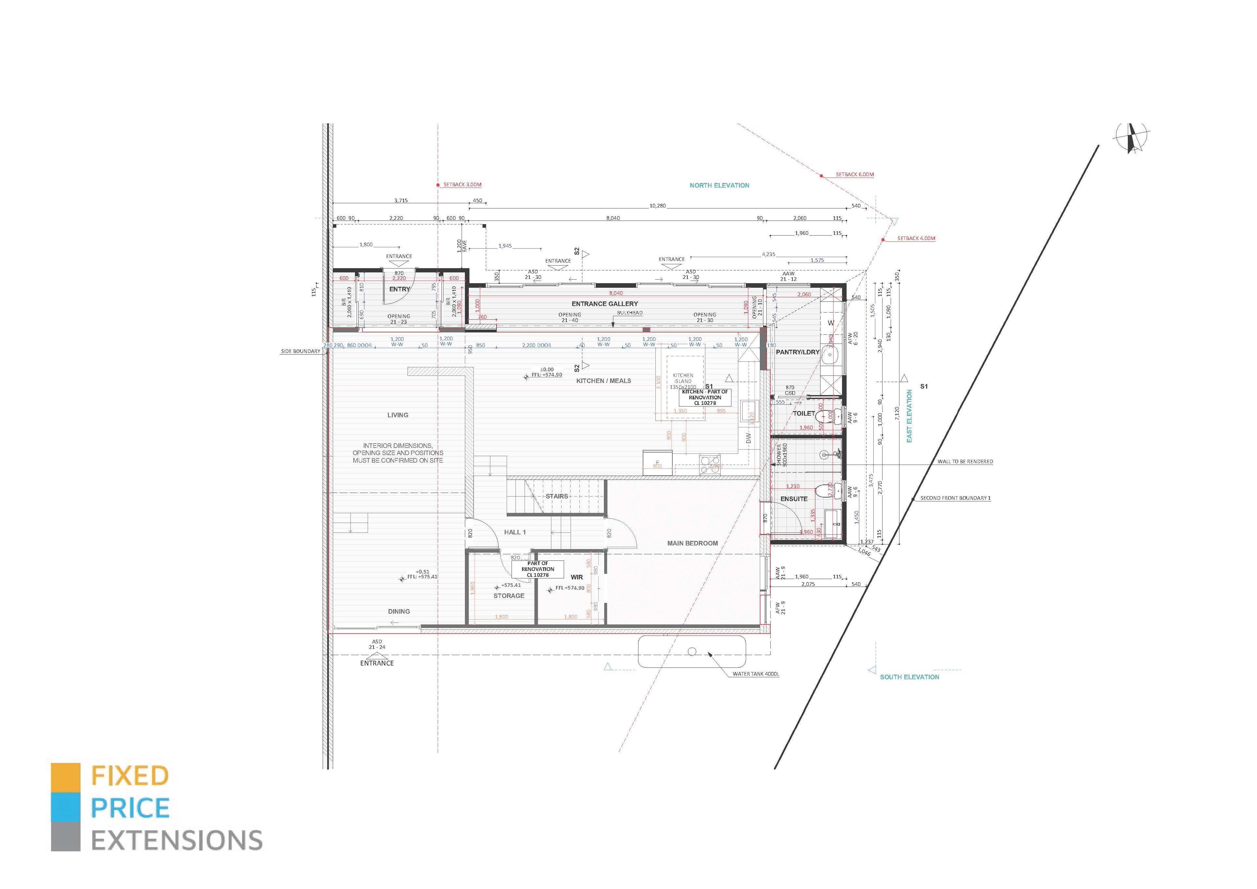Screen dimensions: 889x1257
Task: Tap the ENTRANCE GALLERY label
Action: coord(605,304)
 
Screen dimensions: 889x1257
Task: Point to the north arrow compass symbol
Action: coord(1131,137)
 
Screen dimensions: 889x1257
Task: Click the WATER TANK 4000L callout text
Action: coord(756,674)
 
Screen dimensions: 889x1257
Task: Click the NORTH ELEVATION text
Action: coord(719,186)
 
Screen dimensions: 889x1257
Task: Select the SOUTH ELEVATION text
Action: coord(909,677)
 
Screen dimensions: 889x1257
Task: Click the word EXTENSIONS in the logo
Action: coord(176,841)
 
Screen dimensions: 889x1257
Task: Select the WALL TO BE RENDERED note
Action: coord(965,462)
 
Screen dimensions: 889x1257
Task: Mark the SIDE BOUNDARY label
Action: coord(300,351)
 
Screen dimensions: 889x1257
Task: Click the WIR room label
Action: coord(576,577)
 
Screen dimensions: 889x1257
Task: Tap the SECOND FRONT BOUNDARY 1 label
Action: coord(955,498)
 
